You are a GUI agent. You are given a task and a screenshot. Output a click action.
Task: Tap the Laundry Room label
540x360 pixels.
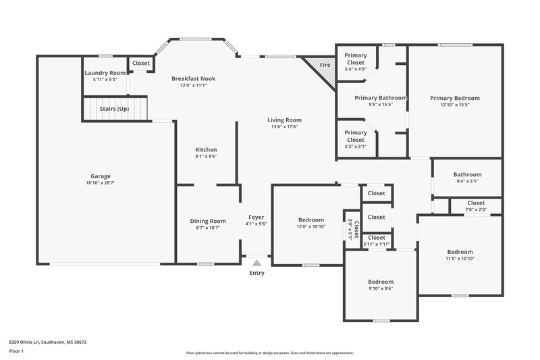click(x=105, y=73)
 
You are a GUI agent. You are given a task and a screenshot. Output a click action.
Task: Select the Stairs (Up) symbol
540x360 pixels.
click(x=114, y=108)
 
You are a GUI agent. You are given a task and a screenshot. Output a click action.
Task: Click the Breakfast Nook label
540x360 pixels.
click(x=193, y=78)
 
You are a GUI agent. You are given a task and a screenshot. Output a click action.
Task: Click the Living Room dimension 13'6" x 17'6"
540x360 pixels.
click(x=284, y=126)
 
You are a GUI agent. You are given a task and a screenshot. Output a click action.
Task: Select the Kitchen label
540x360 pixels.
click(x=206, y=149)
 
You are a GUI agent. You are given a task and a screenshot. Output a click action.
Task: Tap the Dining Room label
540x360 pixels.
click(x=207, y=221)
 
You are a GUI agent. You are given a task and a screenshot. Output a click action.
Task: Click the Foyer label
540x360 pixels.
click(x=256, y=217)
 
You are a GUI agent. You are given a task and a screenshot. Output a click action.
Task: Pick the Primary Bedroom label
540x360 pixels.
click(x=454, y=98)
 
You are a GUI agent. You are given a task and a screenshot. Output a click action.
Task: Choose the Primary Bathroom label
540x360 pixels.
click(x=381, y=98)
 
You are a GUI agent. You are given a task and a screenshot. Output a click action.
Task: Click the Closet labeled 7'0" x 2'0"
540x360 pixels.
click(x=476, y=203)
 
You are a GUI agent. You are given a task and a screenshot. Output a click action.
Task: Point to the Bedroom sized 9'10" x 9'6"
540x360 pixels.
click(x=380, y=282)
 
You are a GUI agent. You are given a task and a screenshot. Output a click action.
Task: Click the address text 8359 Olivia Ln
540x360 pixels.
click(x=47, y=342)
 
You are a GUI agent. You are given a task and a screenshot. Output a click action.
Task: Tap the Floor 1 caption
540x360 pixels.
click(x=17, y=352)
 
